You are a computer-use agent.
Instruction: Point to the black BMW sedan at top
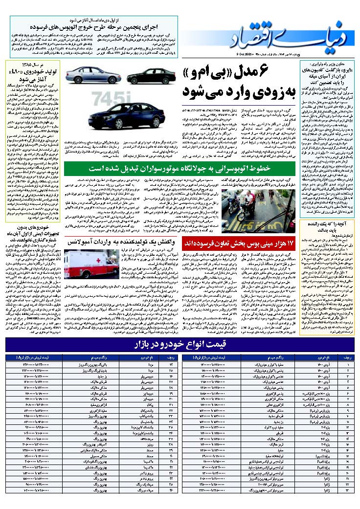coord(150,76)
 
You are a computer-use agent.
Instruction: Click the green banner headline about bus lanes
coord(180,169)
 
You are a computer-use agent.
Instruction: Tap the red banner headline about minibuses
coord(239,243)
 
